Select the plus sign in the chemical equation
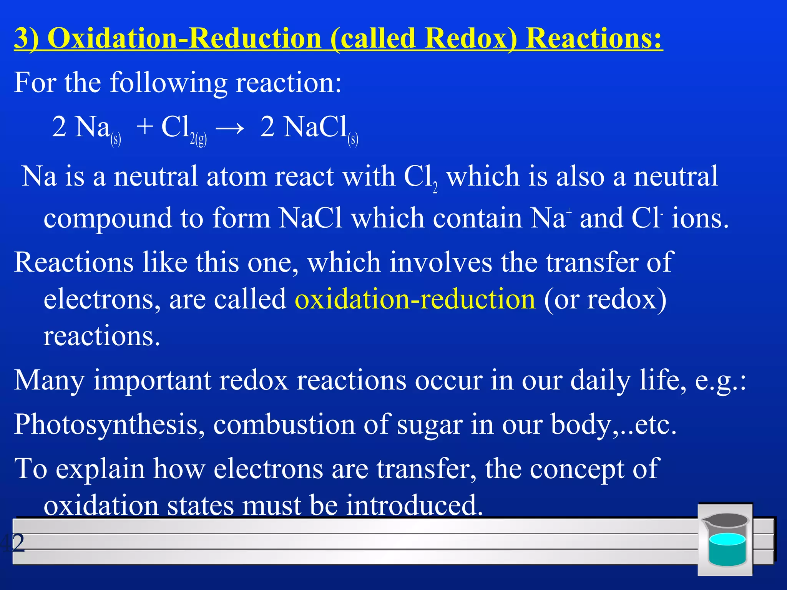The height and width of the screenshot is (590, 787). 145,127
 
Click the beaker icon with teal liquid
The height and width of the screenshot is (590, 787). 725,540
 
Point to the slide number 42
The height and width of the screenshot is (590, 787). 13,542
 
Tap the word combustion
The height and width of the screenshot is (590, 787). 284,425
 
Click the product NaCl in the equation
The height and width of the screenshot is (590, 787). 315,127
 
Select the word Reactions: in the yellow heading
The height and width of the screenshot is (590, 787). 594,38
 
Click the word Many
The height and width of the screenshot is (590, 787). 49,380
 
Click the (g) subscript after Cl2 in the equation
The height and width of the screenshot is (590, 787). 201,139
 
